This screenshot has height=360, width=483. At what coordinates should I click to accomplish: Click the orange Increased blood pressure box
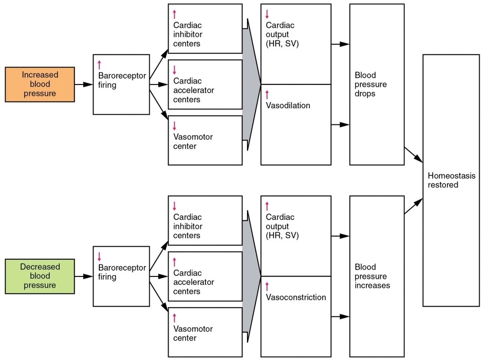tap(40, 84)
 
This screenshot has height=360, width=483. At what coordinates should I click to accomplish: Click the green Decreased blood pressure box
tap(40, 276)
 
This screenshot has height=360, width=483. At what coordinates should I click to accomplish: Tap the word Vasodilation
tap(288, 106)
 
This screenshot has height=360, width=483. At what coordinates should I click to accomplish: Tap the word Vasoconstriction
tap(296, 297)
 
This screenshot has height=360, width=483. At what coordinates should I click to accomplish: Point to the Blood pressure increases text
tap(372, 276)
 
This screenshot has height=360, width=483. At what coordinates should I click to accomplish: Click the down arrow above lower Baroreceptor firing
tap(99, 256)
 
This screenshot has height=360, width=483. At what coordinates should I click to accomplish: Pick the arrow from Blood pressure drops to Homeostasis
tap(413, 155)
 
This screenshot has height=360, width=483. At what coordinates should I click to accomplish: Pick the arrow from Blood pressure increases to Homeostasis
tap(413, 206)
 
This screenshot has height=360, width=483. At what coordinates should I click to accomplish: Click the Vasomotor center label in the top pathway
tap(193, 142)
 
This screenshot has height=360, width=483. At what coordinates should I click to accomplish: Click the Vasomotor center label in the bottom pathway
tap(193, 334)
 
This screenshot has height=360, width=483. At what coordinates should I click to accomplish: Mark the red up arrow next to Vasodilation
tap(267, 94)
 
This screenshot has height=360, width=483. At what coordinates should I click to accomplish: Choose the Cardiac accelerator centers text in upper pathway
tap(194, 90)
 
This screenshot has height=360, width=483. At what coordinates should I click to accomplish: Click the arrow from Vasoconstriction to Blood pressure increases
tap(340, 317)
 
